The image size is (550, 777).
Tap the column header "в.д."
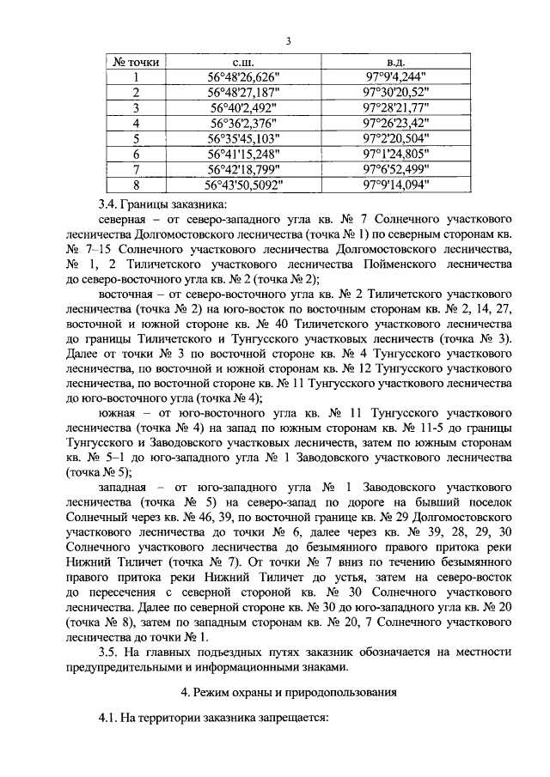395,63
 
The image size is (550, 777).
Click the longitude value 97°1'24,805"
395,154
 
